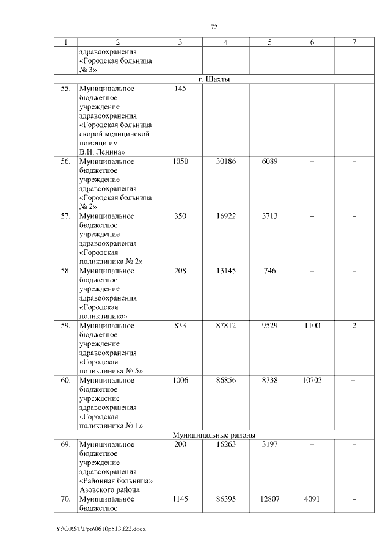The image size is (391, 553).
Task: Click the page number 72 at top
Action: click(214, 27)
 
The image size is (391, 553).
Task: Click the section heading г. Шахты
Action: click(214, 79)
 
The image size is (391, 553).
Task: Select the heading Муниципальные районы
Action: click(214, 434)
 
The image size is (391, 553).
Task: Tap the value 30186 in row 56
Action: click(226, 161)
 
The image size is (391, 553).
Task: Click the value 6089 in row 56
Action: click(269, 161)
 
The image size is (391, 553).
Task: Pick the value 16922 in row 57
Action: click(226, 216)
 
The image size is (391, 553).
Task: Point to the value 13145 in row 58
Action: click(226, 271)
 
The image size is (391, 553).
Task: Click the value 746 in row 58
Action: click(269, 271)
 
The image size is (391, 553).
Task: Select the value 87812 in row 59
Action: click(226, 326)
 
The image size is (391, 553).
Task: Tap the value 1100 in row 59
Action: click(312, 326)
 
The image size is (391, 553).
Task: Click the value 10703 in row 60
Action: click(312, 380)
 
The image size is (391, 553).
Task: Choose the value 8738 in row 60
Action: click(269, 380)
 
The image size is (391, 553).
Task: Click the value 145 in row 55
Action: click(180, 89)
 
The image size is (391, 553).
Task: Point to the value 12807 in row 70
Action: click(269, 499)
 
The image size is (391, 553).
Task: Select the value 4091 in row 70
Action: click(312, 499)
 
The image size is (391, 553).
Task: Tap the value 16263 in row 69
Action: click(226, 444)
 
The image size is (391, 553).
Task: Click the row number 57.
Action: click(65, 216)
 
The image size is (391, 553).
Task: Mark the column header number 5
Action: click(269, 42)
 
